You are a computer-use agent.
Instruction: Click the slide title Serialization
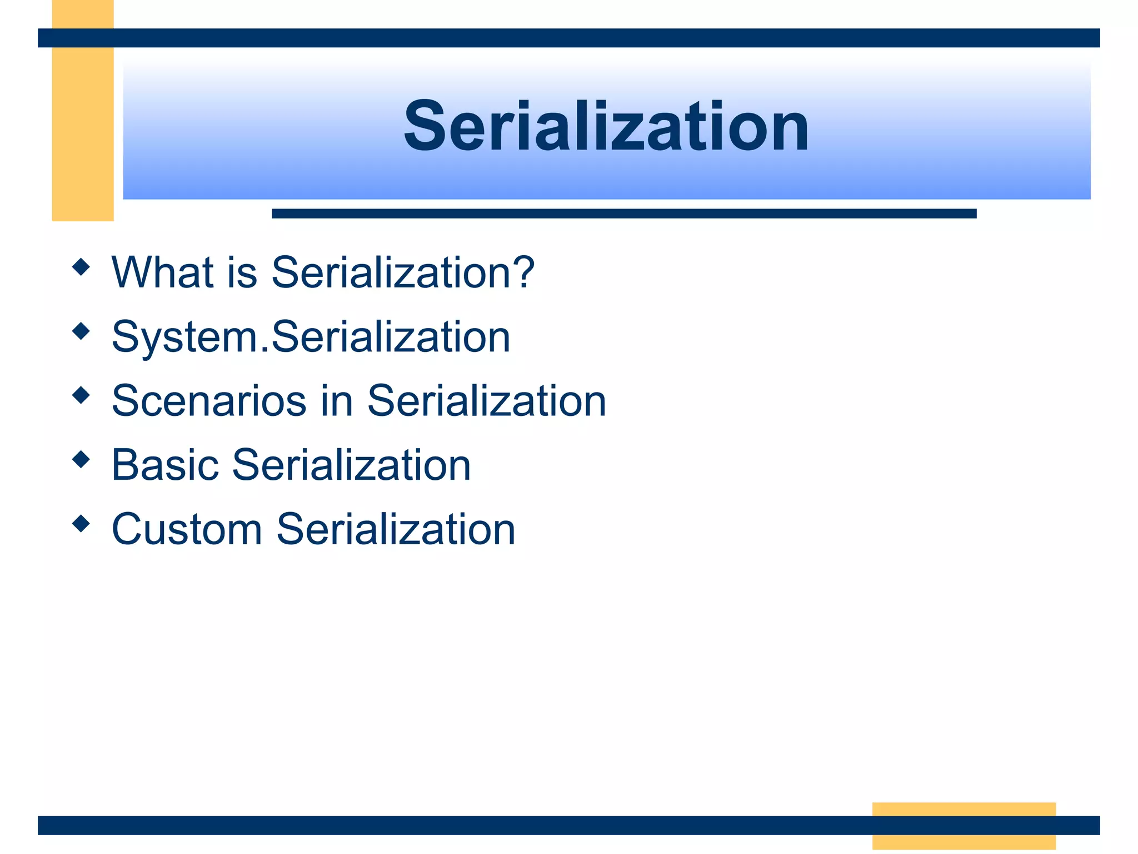[606, 127]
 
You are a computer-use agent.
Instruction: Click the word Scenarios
[209, 401]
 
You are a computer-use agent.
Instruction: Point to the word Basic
[164, 465]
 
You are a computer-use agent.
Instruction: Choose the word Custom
[187, 529]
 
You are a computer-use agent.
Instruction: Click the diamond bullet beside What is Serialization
[81, 267]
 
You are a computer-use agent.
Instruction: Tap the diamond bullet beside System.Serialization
[81, 331]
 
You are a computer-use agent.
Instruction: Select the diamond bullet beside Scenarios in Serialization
[81, 395]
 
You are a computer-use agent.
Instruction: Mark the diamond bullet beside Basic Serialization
[81, 459]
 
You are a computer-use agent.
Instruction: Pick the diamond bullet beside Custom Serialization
[81, 524]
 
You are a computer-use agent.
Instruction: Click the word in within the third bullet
[337, 401]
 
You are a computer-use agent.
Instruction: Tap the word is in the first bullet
[242, 272]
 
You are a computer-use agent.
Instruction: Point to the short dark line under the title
[623, 213]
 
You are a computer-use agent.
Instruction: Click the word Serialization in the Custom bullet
[396, 529]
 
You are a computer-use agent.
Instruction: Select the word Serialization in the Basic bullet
[351, 465]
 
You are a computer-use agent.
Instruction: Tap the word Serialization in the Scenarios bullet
[486, 401]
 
